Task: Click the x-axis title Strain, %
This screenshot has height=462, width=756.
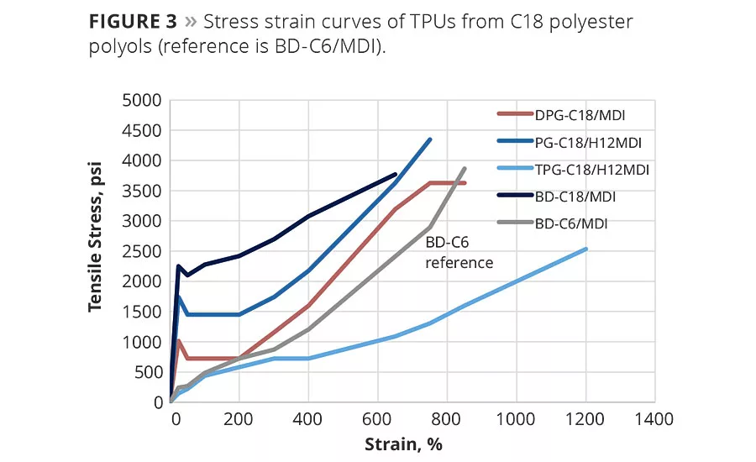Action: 402,443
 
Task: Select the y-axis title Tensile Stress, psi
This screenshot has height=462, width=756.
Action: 96,250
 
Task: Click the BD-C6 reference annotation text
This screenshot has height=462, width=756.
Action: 459,252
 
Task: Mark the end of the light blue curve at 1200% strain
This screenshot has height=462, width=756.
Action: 585,249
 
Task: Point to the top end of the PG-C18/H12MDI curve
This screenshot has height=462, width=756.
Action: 430,139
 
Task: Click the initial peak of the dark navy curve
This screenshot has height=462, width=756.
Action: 178,266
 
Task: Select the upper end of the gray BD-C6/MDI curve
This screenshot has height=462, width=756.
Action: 465,168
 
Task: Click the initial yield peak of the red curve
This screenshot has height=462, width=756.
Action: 178,340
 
